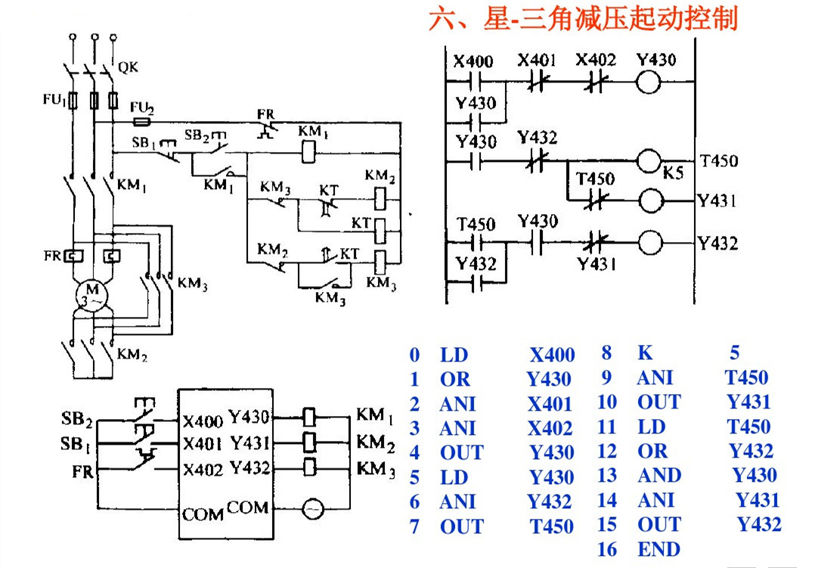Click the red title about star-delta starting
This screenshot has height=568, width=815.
tap(583, 19)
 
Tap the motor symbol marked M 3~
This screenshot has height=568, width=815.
tap(92, 296)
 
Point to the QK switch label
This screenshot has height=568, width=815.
tap(129, 67)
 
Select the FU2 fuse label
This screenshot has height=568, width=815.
tap(142, 107)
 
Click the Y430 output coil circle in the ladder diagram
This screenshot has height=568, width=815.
tap(649, 82)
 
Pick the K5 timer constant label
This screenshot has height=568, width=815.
tap(673, 172)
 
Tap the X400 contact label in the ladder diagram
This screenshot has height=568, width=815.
tap(473, 61)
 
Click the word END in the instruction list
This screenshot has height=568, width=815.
tap(659, 549)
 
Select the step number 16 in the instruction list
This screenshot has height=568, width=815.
tap(607, 549)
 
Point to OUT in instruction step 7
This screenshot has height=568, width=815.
tap(461, 526)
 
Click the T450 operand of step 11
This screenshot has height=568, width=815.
tap(748, 427)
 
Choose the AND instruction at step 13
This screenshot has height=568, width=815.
tap(659, 476)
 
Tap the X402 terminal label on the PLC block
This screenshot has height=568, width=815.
tap(203, 470)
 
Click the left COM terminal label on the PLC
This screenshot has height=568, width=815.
tap(203, 514)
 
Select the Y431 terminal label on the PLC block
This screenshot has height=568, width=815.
tap(250, 442)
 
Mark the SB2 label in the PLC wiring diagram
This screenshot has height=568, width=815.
tap(76, 419)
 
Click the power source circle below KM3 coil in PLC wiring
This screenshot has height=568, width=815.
tap(313, 509)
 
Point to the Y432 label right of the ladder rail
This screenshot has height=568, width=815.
tap(717, 244)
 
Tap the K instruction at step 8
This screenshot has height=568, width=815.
tap(645, 352)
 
